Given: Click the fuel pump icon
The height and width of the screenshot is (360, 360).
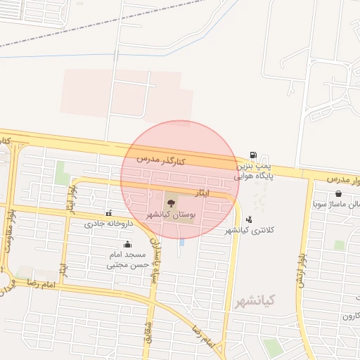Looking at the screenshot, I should tap(253, 155).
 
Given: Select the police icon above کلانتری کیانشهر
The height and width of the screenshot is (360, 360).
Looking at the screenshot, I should tap(249, 219).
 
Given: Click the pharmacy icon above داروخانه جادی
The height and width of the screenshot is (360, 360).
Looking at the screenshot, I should tap(108, 213).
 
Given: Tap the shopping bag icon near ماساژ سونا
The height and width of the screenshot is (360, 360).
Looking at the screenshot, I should tap(339, 193).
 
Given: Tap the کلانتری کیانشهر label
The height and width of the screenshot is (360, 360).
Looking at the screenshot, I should tap(247, 230).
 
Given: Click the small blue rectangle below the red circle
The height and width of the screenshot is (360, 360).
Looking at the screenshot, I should tap(182, 243).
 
